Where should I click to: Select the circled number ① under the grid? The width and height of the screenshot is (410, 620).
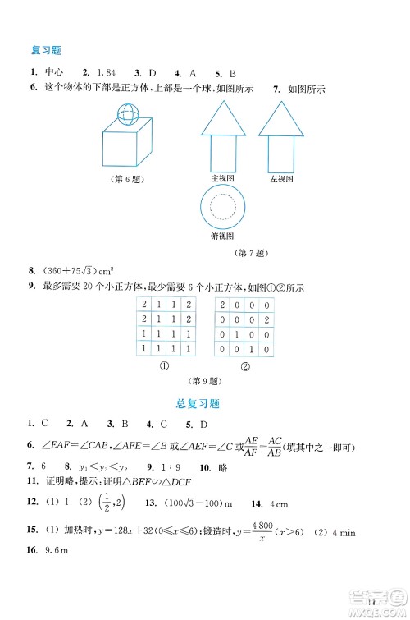[164, 366]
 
